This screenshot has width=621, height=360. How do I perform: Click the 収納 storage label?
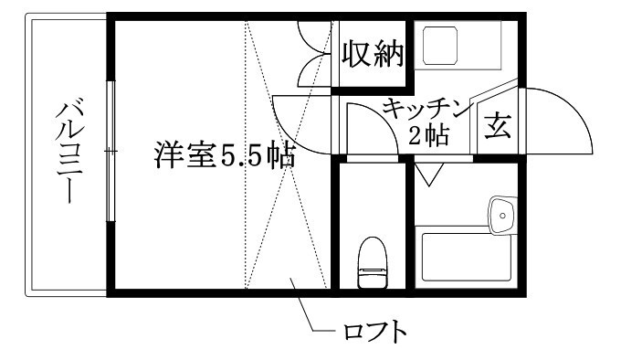372,56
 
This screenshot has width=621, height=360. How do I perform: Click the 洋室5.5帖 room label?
224,156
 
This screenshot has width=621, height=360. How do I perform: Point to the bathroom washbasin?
501,214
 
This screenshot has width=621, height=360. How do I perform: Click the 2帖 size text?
427,137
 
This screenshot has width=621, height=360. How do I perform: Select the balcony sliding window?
110,151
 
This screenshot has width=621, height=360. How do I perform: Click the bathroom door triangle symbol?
428,171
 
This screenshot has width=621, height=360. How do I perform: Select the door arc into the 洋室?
297,128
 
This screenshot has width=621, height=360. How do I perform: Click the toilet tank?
371,246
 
